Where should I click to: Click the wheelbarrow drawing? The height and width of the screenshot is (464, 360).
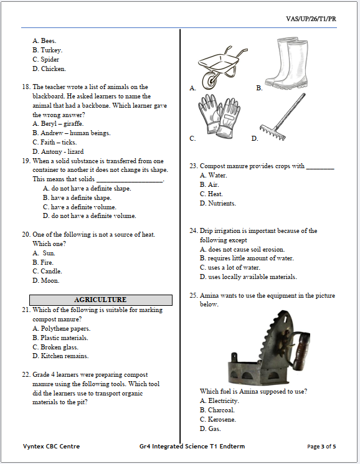click(220, 66)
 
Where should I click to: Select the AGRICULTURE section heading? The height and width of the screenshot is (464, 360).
click(100, 300)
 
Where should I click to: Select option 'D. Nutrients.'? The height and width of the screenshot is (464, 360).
click(218, 204)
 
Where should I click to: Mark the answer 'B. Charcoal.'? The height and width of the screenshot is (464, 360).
click(217, 410)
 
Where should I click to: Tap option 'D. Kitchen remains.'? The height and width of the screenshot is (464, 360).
click(60, 356)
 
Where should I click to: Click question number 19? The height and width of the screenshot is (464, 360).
click(26, 161)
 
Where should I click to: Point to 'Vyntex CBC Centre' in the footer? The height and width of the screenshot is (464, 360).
click(51, 447)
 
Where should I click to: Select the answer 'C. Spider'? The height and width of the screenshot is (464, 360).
click(45, 60)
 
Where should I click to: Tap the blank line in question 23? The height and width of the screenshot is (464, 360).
click(320, 167)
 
